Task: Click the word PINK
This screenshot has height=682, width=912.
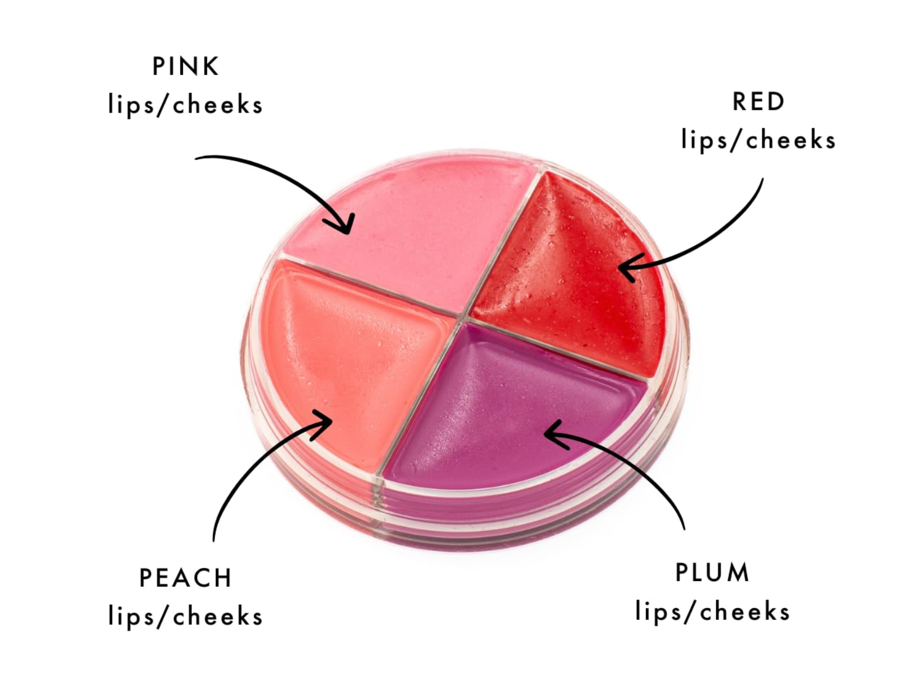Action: point(185,66)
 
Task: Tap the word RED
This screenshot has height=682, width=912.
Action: point(758,101)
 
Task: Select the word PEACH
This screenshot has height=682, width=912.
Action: point(185,578)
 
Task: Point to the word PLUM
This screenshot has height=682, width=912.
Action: point(712,572)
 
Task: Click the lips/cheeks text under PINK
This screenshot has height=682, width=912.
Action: point(185,105)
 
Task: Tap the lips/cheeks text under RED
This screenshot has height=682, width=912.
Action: point(758,140)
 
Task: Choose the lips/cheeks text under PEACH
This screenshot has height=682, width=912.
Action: point(185,616)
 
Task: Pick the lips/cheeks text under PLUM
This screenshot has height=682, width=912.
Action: point(712,611)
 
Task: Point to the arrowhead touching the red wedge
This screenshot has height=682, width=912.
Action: point(627,267)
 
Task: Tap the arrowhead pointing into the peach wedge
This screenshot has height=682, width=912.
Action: point(324,421)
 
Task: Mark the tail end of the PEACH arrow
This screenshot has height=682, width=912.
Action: point(214,540)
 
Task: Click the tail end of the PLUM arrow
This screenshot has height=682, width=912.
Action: point(684,529)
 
